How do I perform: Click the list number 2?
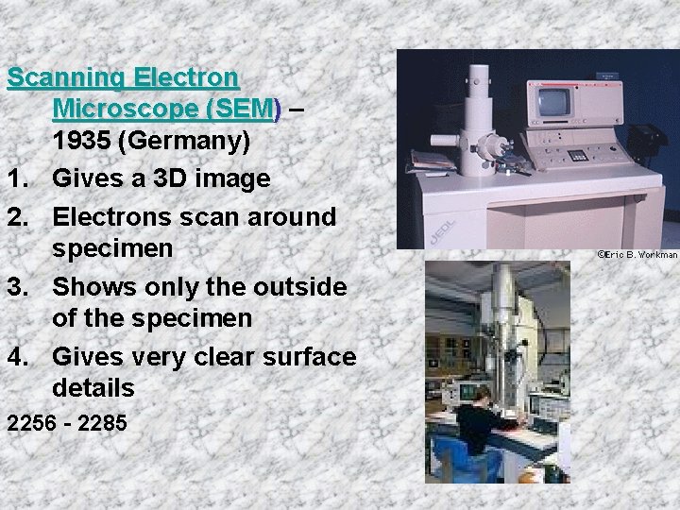coord(16,216)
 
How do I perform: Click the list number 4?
coord(16,357)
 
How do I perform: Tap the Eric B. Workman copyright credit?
coord(638,254)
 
